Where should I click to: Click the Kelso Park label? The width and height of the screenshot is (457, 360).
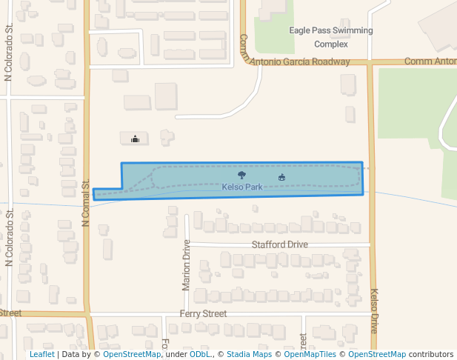[242, 187]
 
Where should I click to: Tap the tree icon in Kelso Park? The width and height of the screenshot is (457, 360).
[241, 176]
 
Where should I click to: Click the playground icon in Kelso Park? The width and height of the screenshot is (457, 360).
[281, 177]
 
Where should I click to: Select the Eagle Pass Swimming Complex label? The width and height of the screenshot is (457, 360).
[330, 37]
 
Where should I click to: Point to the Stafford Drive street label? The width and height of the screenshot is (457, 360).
[279, 244]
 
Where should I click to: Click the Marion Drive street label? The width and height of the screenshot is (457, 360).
[186, 264]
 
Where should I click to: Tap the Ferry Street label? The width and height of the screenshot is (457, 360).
[203, 314]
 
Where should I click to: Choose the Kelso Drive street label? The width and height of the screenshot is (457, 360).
[374, 310]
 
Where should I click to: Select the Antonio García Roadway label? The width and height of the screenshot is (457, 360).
[299, 61]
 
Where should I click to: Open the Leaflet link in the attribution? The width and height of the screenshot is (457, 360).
[42, 355]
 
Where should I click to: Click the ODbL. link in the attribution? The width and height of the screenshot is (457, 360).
[200, 355]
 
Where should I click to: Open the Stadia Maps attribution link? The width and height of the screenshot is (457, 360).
[249, 355]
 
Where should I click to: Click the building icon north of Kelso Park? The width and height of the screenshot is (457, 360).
[135, 139]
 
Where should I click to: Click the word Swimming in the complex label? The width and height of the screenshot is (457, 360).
[351, 31]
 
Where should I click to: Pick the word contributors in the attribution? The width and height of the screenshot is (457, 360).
[431, 355]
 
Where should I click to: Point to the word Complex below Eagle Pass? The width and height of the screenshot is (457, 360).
[330, 44]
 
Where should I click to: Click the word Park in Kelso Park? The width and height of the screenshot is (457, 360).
[253, 187]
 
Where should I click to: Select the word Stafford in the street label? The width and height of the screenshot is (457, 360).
[267, 244]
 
